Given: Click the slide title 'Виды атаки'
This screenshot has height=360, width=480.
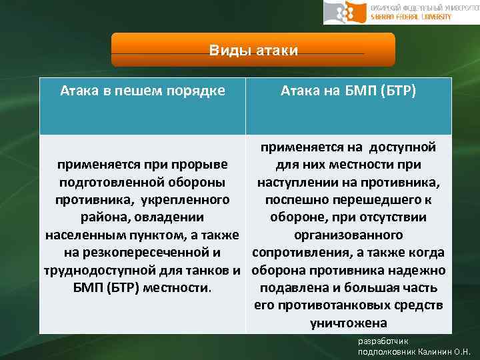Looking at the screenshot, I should pos(253,51).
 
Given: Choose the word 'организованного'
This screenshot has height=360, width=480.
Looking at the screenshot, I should pos(348,235).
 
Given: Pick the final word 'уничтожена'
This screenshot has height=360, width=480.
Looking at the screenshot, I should pos(348,324).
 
